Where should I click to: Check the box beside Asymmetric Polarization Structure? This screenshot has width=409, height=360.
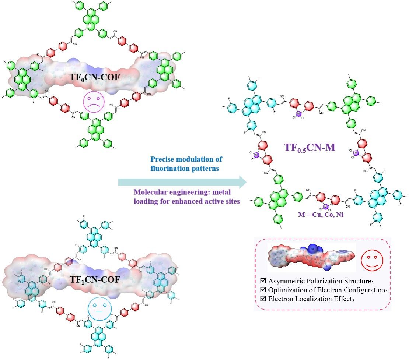pos(263,280)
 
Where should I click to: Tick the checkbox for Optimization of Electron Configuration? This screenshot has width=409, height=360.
pos(263,289)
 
